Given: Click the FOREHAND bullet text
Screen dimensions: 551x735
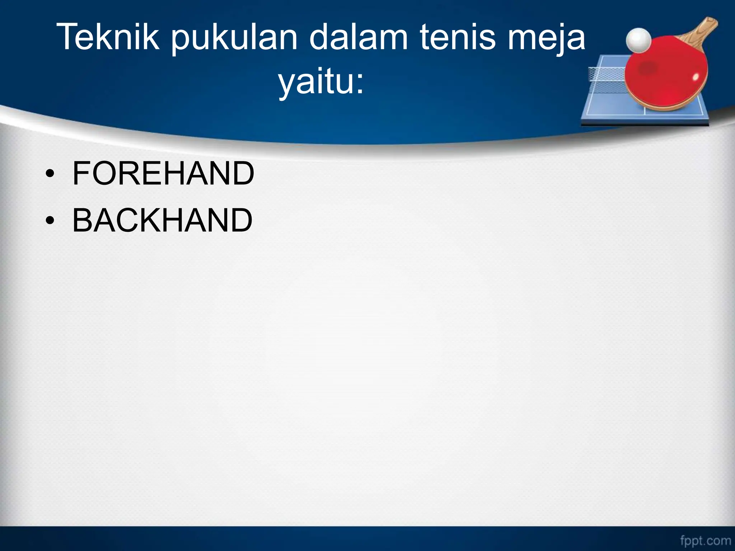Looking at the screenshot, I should pyautogui.click(x=163, y=174).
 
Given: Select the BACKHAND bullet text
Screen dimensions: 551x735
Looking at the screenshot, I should pyautogui.click(x=163, y=220).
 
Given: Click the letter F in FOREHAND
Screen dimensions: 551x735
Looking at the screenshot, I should pyautogui.click(x=81, y=174).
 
